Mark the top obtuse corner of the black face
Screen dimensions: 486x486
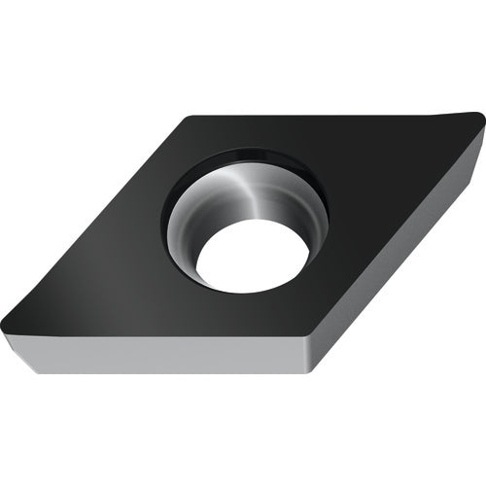[188, 116]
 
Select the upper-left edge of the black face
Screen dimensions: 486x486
[97, 219]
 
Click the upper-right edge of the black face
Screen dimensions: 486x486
[330, 114]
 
